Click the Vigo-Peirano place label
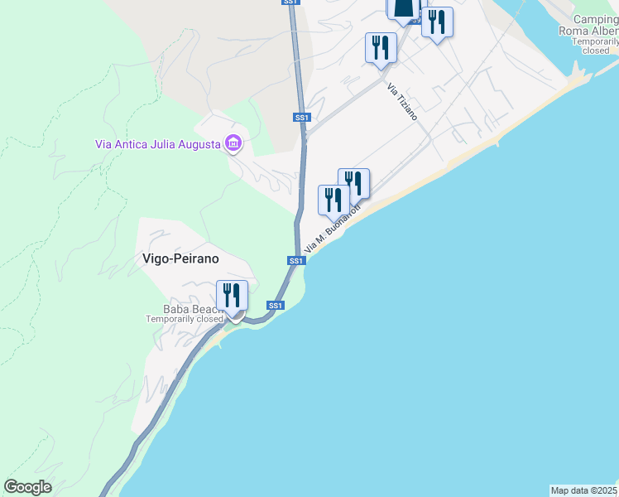[175, 258]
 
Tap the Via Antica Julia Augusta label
[157, 144]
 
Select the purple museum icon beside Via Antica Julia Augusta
[233, 144]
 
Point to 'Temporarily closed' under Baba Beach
[185, 319]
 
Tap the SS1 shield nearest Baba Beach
[276, 306]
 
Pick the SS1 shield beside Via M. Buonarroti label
[296, 260]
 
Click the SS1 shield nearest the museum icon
[302, 118]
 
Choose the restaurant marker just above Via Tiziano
[381, 47]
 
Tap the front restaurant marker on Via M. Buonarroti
[333, 200]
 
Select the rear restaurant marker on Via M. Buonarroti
[354, 183]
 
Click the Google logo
[27, 487]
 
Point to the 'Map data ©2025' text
[584, 490]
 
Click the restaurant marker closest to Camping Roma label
[437, 22]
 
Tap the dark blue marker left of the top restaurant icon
[403, 8]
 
